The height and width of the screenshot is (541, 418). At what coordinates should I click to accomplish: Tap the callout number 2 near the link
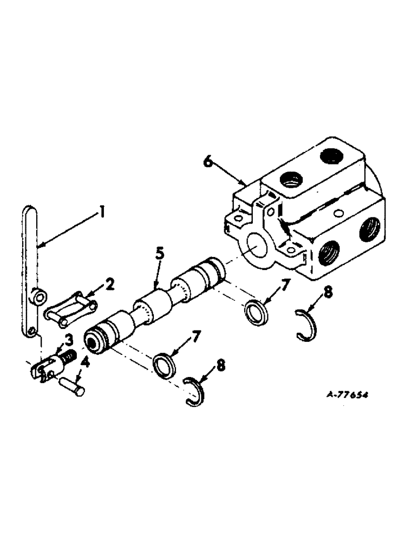110,284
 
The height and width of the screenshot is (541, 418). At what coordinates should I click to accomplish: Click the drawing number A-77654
348,394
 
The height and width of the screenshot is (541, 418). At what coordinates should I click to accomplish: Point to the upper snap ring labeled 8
308,324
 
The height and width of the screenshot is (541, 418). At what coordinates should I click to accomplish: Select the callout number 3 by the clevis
69,339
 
